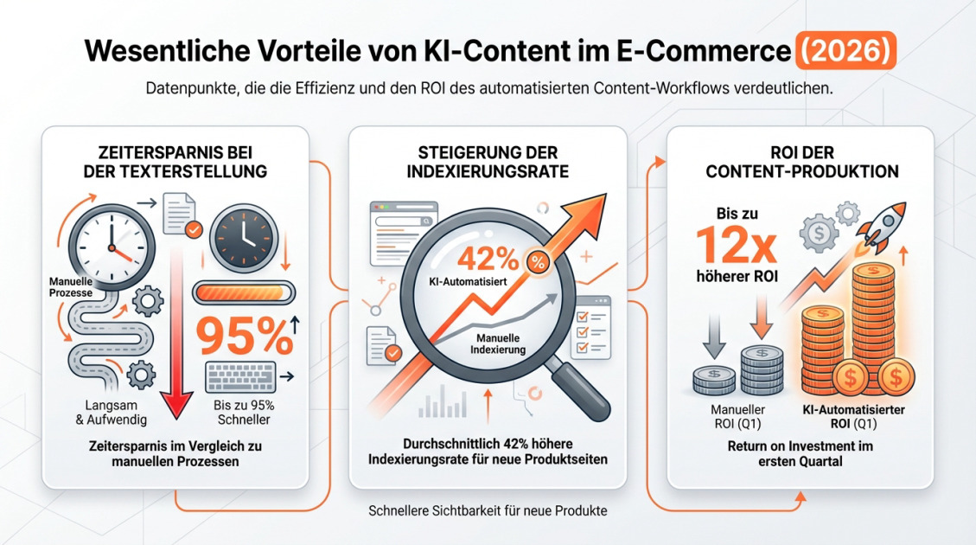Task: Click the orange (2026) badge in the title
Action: [844, 50]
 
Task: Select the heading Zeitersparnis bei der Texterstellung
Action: [175, 162]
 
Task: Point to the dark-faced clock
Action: [243, 234]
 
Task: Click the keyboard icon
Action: [240, 377]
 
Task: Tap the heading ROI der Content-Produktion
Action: [801, 162]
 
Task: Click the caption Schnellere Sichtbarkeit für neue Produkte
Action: [488, 510]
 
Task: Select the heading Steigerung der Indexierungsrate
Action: [488, 162]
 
